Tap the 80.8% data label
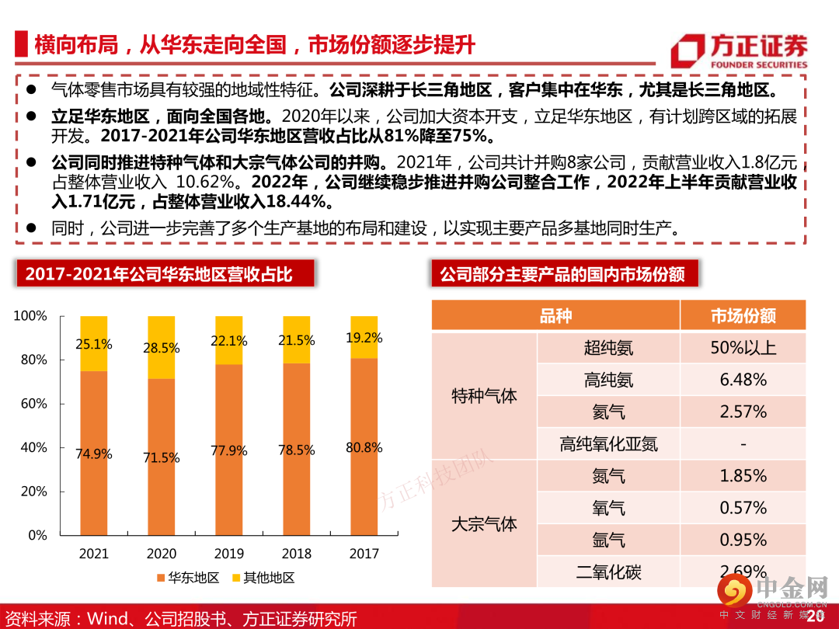point(364,447)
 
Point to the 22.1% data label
point(228,341)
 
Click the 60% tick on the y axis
point(32,404)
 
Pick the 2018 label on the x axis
point(296,554)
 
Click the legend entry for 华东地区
point(188,578)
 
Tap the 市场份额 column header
point(743,316)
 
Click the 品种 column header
point(555,316)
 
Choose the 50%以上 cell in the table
point(743,347)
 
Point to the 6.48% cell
point(743,380)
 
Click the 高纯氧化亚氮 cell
point(608,444)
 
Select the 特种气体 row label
point(484,396)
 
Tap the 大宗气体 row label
point(484,524)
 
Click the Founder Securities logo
point(739,51)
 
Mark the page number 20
point(815,616)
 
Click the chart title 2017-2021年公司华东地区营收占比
point(158,274)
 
